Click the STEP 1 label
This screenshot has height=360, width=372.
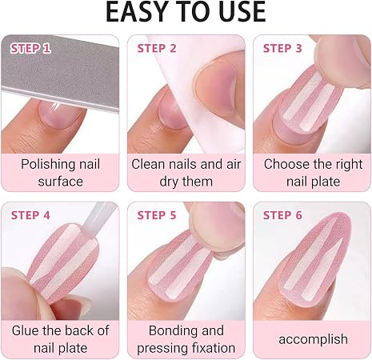click(x=30, y=49)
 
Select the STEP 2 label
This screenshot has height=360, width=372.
click(x=157, y=49)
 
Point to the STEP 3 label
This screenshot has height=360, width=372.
click(x=282, y=49)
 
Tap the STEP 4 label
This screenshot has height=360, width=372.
click(x=30, y=215)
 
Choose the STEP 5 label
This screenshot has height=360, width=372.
click(x=157, y=215)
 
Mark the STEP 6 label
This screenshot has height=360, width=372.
click(x=282, y=215)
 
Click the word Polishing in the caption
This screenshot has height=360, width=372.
click(x=46, y=165)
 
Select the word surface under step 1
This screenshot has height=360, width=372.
click(x=61, y=182)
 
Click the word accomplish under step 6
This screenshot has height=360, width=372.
click(x=314, y=340)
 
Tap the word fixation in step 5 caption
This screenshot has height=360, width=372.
click(x=214, y=348)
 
